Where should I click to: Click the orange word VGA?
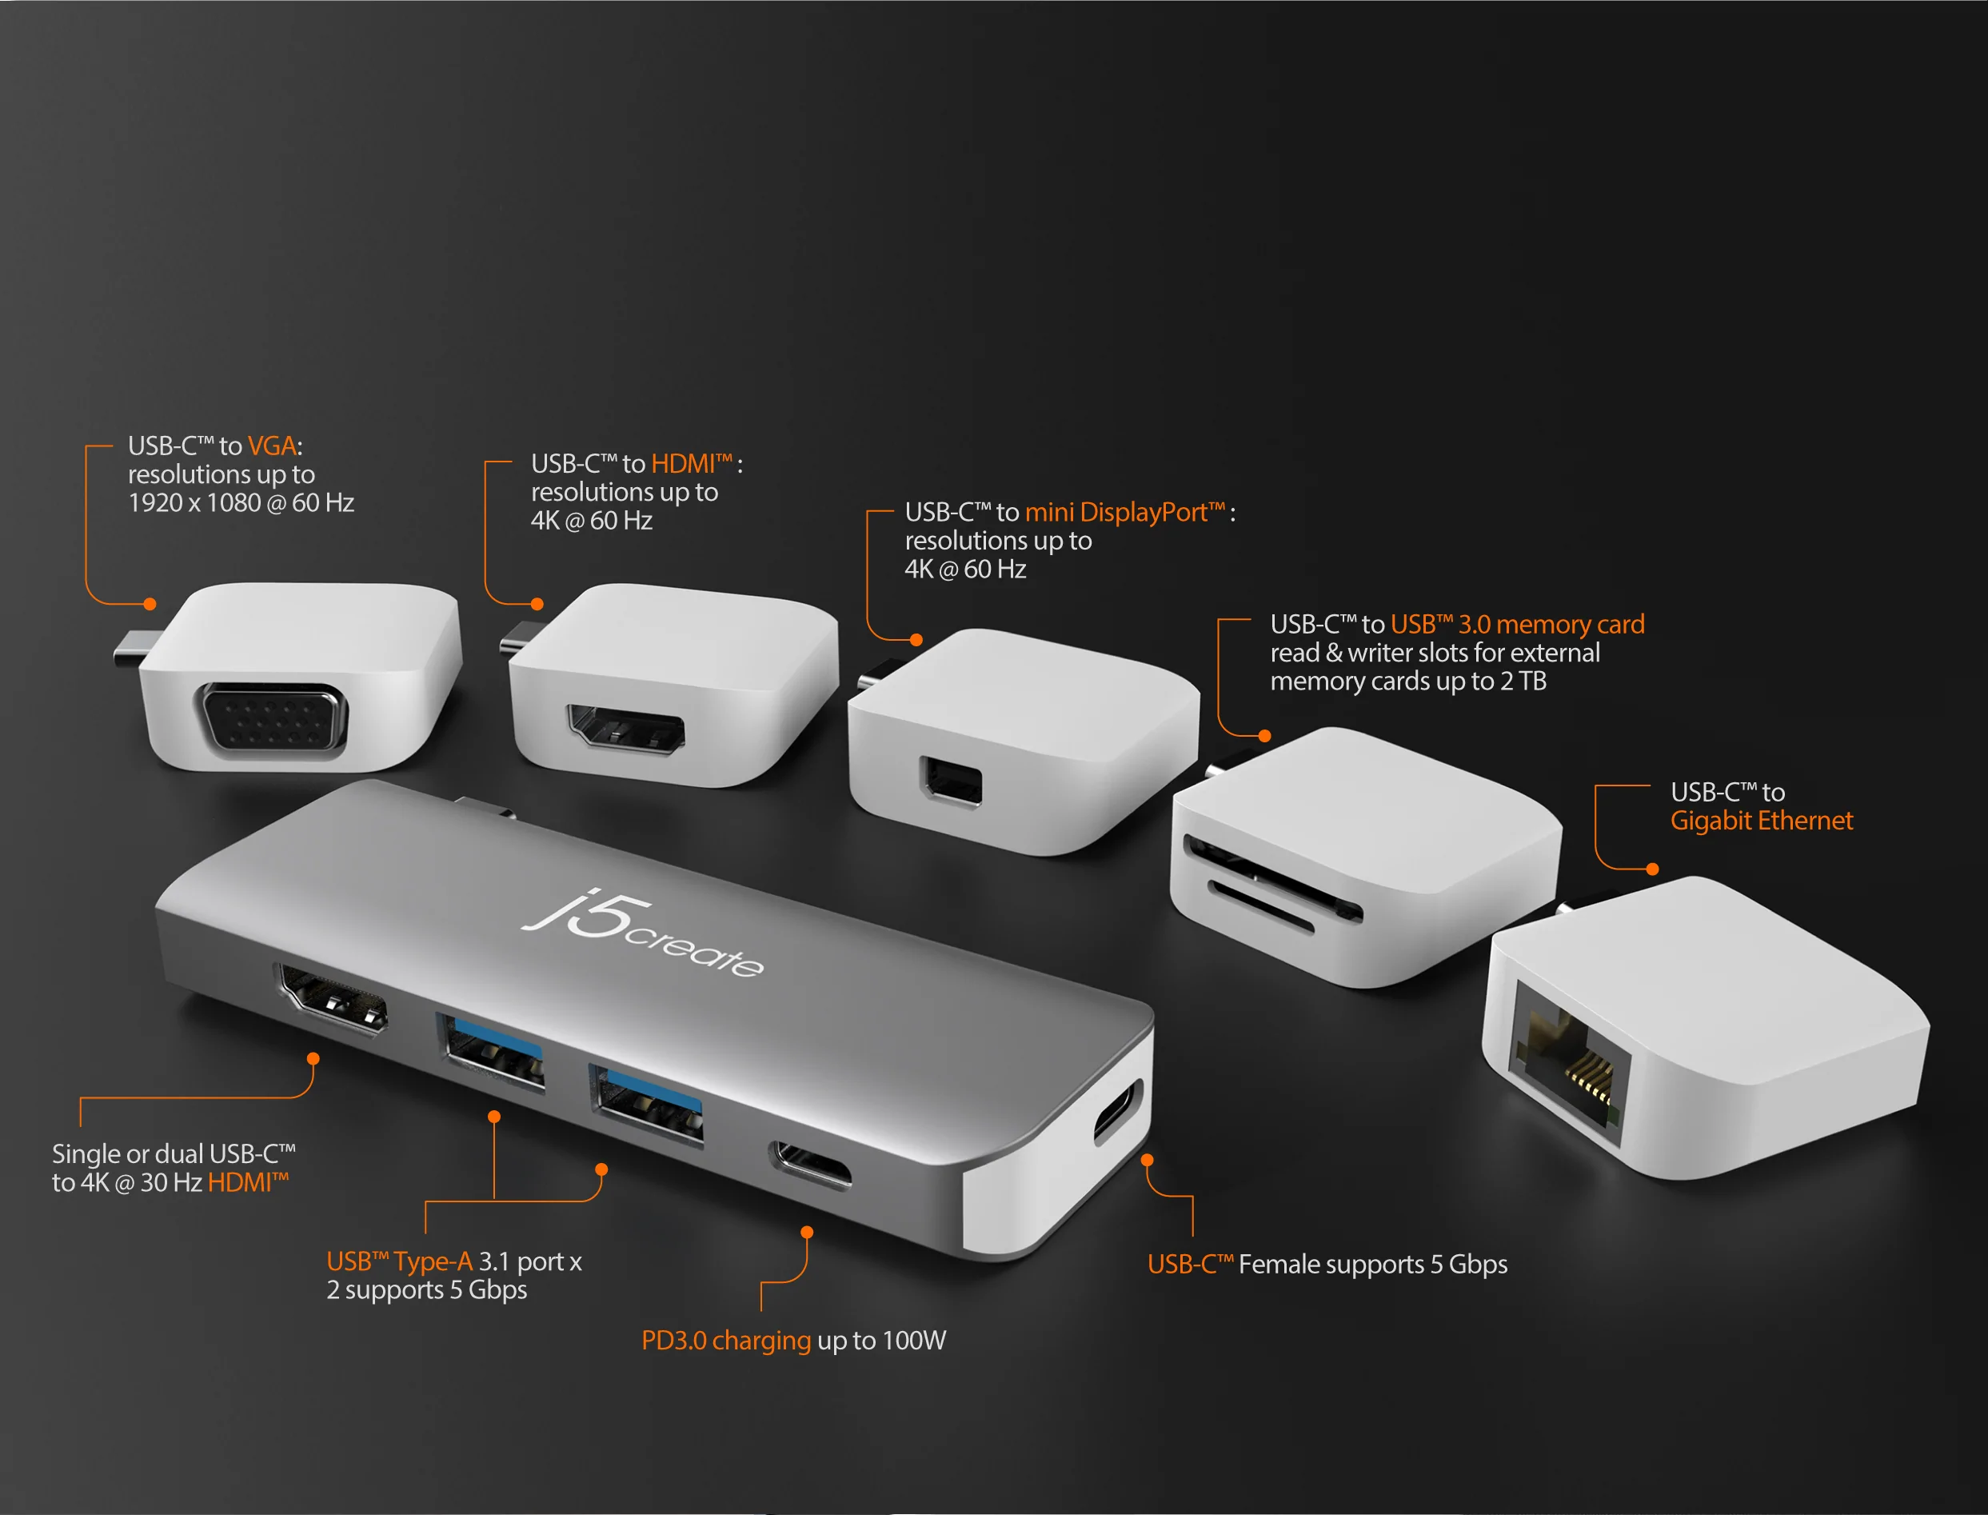click(272, 446)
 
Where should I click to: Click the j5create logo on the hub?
click(643, 935)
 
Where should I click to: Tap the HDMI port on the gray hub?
click(332, 998)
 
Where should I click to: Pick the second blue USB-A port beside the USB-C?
click(645, 1105)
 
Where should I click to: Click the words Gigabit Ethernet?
click(1762, 821)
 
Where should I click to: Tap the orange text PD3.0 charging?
click(726, 1341)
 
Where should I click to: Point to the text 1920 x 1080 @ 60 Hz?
click(241, 502)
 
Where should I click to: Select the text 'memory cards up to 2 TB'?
click(1408, 681)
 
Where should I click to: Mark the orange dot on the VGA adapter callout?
click(150, 604)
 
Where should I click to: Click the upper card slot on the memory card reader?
click(1272, 878)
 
